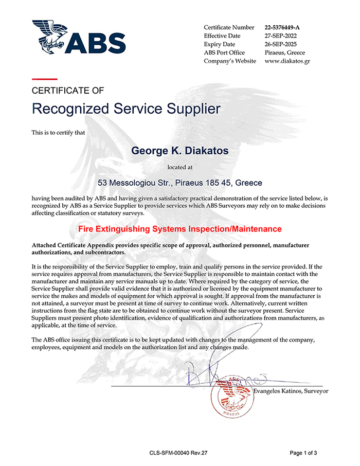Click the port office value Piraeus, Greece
(284, 52)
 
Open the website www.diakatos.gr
(287, 61)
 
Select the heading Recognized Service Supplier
(126, 109)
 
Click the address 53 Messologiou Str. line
(180, 183)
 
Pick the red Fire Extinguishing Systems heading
(179, 228)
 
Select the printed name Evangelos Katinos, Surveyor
(292, 391)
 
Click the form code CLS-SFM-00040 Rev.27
(182, 453)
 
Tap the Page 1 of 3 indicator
(303, 453)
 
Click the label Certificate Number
(229, 27)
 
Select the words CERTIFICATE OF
(68, 91)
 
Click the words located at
(179, 167)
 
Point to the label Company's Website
(230, 61)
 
